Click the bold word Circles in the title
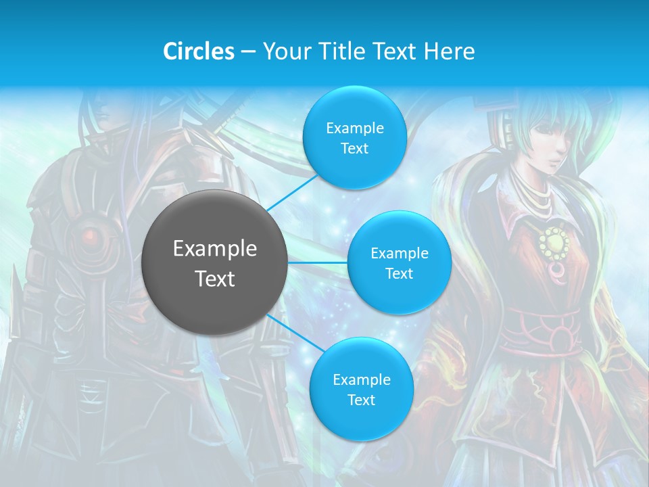[x=199, y=51]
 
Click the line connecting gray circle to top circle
[x=292, y=192]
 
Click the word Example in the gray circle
[x=215, y=249]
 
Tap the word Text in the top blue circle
[x=354, y=149]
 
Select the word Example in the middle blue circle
[x=400, y=254]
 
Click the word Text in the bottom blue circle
[x=361, y=400]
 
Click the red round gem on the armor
[x=89, y=236]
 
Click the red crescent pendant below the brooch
[x=558, y=273]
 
